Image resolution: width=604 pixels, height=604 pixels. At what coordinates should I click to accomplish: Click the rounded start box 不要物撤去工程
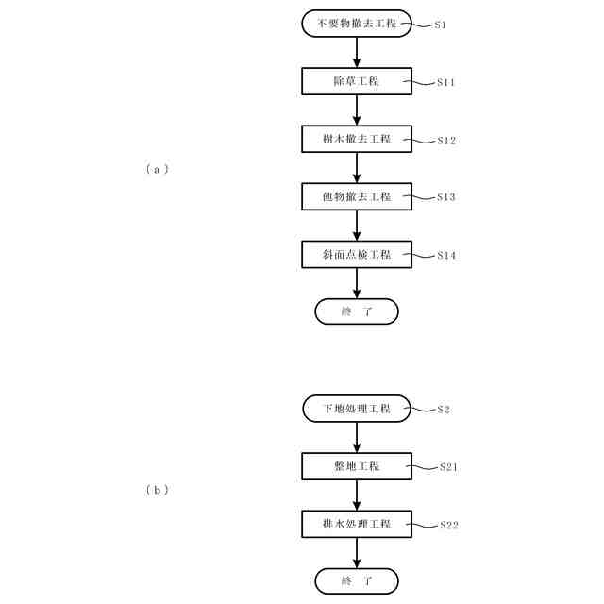(357, 24)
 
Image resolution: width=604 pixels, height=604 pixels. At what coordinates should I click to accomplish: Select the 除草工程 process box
(357, 81)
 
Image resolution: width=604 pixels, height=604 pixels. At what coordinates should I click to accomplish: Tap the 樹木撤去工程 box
(357, 139)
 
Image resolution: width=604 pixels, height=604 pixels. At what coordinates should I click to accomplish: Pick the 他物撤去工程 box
(357, 196)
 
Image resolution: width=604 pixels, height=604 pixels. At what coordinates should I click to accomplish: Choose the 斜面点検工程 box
(357, 254)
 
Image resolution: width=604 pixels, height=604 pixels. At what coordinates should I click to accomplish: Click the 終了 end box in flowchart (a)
(357, 311)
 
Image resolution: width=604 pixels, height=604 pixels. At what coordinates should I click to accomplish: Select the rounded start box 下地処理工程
(357, 409)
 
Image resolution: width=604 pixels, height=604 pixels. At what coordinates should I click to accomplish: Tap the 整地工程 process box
(357, 466)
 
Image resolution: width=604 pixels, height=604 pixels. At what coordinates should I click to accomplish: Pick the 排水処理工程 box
(357, 524)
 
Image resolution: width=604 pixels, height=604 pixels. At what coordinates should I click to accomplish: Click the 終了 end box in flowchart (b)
(357, 580)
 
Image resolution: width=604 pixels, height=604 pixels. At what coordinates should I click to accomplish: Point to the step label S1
(440, 25)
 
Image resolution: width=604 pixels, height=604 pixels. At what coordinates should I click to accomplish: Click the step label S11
(445, 82)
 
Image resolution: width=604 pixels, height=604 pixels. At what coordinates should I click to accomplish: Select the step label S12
(445, 140)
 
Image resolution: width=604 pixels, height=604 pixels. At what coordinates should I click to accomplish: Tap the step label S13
(445, 197)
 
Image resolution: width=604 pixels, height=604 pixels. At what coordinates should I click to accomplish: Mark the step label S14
(445, 255)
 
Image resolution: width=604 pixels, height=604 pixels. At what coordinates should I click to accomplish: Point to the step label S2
(444, 410)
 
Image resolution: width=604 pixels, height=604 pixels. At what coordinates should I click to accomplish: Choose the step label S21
(448, 467)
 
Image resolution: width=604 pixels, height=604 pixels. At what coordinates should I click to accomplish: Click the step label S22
(448, 525)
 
